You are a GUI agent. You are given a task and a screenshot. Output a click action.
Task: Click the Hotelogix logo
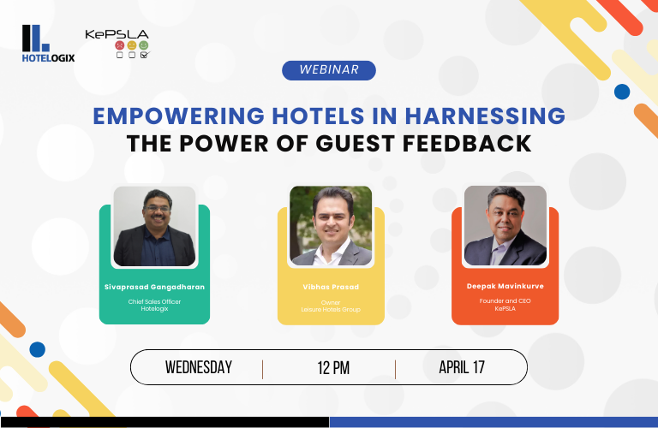[48, 44]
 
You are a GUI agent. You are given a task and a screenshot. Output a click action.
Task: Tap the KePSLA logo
[117, 44]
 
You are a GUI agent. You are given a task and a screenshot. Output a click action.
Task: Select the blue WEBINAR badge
[329, 70]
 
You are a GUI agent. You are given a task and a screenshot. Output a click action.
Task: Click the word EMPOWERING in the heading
[179, 116]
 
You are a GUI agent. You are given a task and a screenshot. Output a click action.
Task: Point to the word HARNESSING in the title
[485, 116]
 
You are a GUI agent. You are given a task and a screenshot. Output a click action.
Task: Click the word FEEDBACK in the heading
[467, 143]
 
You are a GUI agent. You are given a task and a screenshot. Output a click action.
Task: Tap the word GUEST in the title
[355, 143]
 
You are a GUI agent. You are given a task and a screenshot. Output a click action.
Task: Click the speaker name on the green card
[154, 287]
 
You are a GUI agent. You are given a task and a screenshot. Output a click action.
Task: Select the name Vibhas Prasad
[331, 287]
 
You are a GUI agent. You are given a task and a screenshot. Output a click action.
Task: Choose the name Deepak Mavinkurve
[505, 286]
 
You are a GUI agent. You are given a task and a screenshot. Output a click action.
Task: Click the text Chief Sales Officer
[154, 301]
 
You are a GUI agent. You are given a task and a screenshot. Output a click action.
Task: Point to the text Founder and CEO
[505, 301]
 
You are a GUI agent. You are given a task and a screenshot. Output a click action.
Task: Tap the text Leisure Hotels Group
[331, 310]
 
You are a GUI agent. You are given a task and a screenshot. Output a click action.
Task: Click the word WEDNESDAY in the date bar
[199, 367]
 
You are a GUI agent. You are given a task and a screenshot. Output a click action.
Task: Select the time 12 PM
[333, 367]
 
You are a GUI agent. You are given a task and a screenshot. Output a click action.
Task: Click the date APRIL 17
[462, 367]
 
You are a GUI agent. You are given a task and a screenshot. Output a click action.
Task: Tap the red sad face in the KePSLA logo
[120, 45]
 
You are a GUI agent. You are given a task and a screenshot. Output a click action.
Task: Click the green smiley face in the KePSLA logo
[144, 45]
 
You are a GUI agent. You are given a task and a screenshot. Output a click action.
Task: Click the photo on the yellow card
[331, 225]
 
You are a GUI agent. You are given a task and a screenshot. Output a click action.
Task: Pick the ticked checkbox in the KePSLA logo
[144, 55]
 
